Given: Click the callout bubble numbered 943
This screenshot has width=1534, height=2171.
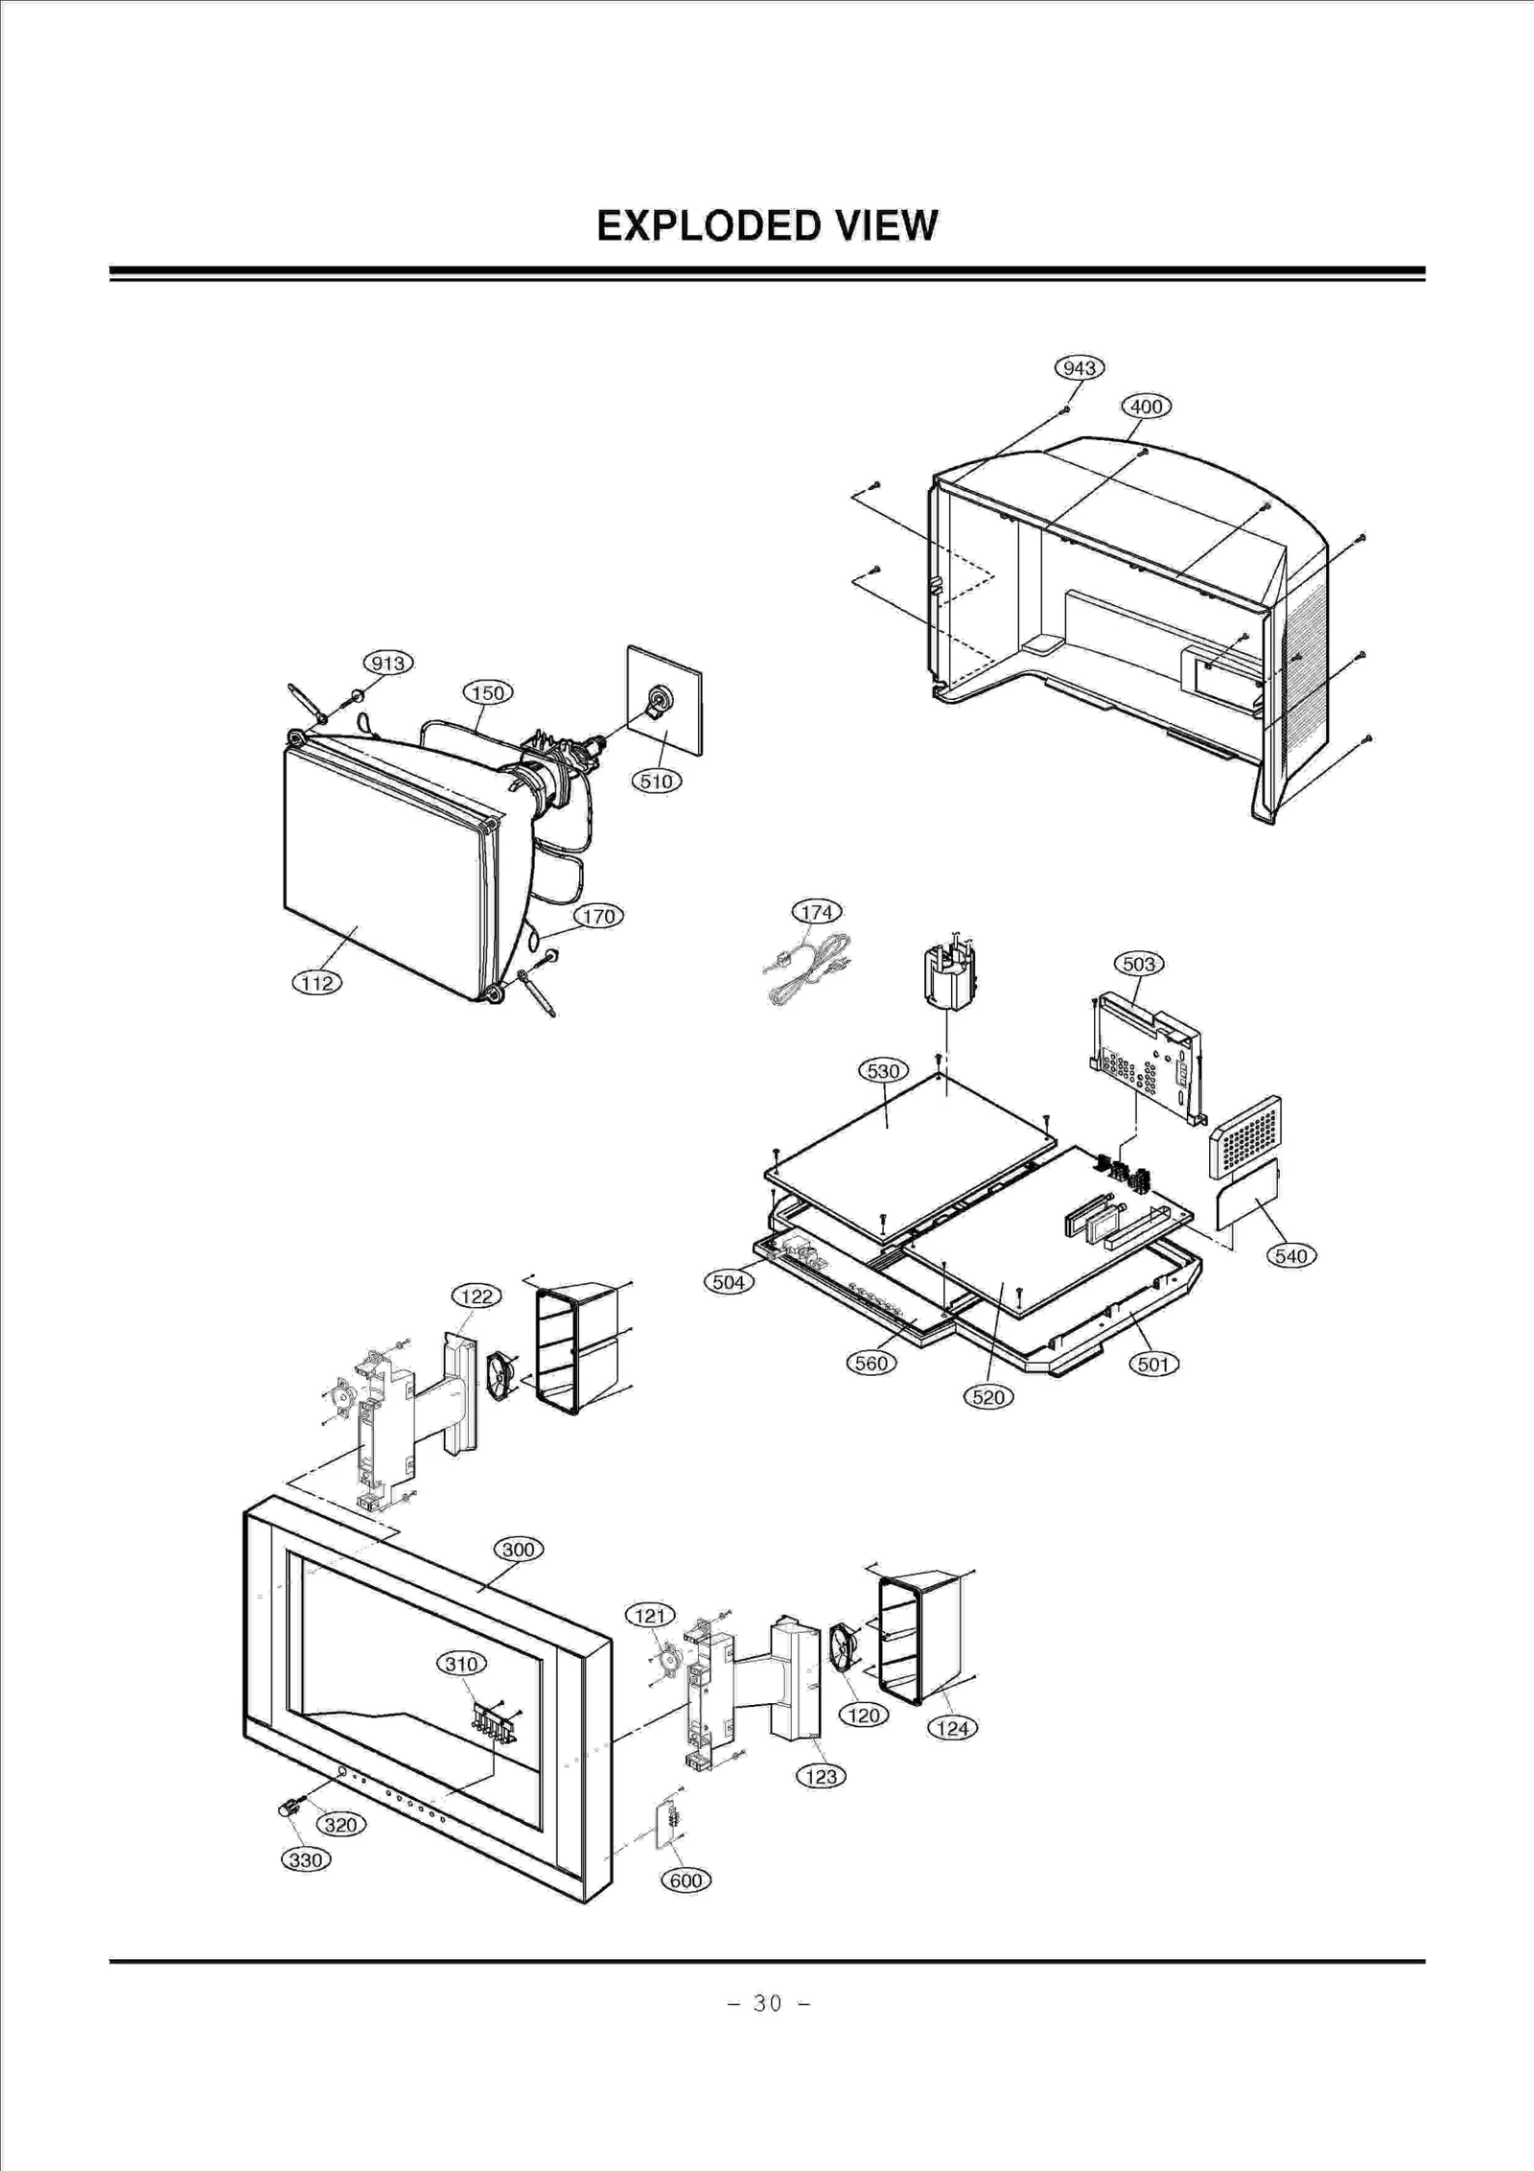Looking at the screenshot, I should (1080, 368).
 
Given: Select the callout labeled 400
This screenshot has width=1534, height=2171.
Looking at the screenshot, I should (1146, 407).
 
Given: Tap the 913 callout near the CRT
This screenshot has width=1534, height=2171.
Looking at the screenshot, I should (388, 664).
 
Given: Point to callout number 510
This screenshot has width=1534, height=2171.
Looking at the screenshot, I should (657, 782).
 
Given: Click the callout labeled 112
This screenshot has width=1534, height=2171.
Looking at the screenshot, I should (317, 983).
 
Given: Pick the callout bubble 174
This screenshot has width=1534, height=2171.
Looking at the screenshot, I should (816, 912).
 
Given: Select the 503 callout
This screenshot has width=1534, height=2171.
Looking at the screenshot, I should (1138, 964).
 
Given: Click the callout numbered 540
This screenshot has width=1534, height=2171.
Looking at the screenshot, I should (1291, 1256).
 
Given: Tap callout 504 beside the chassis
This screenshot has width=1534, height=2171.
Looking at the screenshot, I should (729, 1282).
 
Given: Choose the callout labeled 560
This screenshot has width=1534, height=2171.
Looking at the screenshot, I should (872, 1363).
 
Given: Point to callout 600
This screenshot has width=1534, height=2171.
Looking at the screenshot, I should (686, 1880).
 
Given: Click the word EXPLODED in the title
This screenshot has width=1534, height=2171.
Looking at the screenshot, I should (708, 226).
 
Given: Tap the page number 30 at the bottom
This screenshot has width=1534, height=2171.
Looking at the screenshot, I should (767, 2003).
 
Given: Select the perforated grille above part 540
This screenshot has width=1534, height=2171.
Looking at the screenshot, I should (1245, 1137).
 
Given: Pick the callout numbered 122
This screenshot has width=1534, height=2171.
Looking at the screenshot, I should (476, 1296).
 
